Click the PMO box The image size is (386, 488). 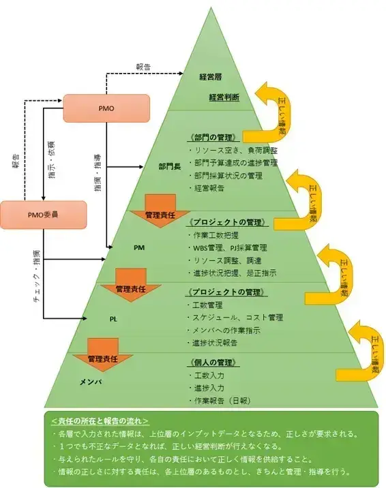[x=106, y=108]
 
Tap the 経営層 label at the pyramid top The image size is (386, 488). [x=212, y=76]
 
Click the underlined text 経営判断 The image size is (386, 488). [x=224, y=97]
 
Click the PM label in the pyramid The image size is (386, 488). [x=138, y=248]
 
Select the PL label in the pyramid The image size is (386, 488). [x=113, y=318]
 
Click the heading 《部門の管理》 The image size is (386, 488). [x=217, y=137]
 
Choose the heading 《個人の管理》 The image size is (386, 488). [x=216, y=363]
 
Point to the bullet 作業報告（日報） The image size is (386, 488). [x=224, y=400]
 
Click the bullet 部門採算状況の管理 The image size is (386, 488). [x=228, y=175]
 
